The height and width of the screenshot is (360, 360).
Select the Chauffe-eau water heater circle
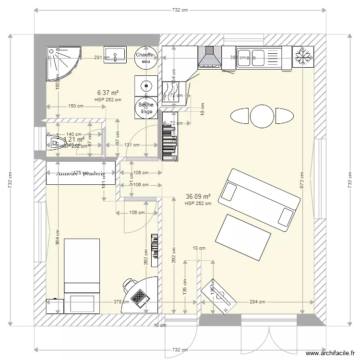coord(144,58)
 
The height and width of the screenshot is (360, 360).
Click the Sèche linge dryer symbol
coord(145,108)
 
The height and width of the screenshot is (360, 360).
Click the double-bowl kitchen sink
coord(252,57)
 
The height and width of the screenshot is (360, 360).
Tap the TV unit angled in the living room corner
coord(219,295)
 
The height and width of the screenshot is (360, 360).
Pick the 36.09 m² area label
coord(198,196)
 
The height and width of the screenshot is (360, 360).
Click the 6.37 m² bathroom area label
coord(108,93)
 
